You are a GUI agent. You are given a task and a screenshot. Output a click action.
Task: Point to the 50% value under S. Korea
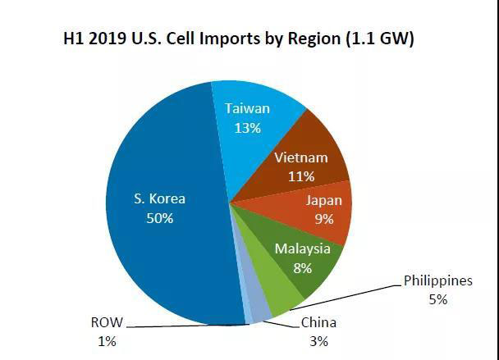click(x=160, y=218)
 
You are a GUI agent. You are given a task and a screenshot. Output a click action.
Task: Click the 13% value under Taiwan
click(x=247, y=128)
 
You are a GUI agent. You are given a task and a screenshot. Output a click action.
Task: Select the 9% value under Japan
click(x=324, y=220)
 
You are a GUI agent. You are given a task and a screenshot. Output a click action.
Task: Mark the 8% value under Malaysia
click(x=303, y=268)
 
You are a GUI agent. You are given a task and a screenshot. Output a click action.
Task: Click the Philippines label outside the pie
click(x=438, y=280)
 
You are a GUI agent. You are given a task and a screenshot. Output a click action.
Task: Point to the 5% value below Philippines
click(x=437, y=299)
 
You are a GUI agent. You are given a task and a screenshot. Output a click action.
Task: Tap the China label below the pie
click(x=318, y=322)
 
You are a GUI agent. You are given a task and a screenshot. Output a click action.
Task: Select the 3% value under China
click(x=319, y=341)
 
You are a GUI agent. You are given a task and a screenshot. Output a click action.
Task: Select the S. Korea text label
click(x=160, y=198)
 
